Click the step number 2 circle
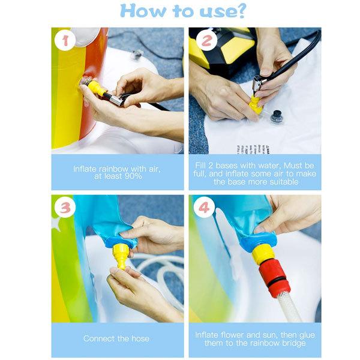[x=206, y=42]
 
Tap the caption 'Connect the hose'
[x=116, y=338]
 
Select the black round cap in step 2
[x=277, y=116]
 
